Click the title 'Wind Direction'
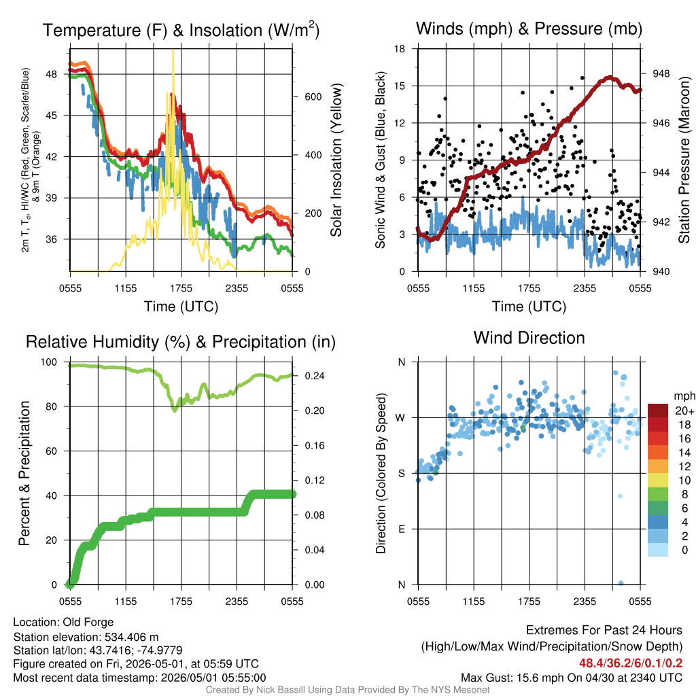coord(529,338)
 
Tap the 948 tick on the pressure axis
coord(661,73)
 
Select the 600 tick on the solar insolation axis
coord(313,97)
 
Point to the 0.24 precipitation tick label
coord(315,376)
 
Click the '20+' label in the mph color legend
coord(684,411)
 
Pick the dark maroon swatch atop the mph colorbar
coord(658,411)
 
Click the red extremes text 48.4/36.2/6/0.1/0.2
coord(630,663)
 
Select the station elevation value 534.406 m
coord(131,637)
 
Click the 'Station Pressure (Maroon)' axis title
coord(684,160)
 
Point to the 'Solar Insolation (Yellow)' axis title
coord(336,160)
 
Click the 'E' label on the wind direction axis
coord(402,529)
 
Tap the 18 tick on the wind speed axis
coord(400,49)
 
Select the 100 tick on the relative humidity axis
coord(49,362)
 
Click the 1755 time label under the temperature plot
coord(181,288)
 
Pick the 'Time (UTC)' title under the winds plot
coord(529,307)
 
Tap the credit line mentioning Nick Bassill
coord(347,690)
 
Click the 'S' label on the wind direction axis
coord(402,474)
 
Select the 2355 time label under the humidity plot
coord(237,602)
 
